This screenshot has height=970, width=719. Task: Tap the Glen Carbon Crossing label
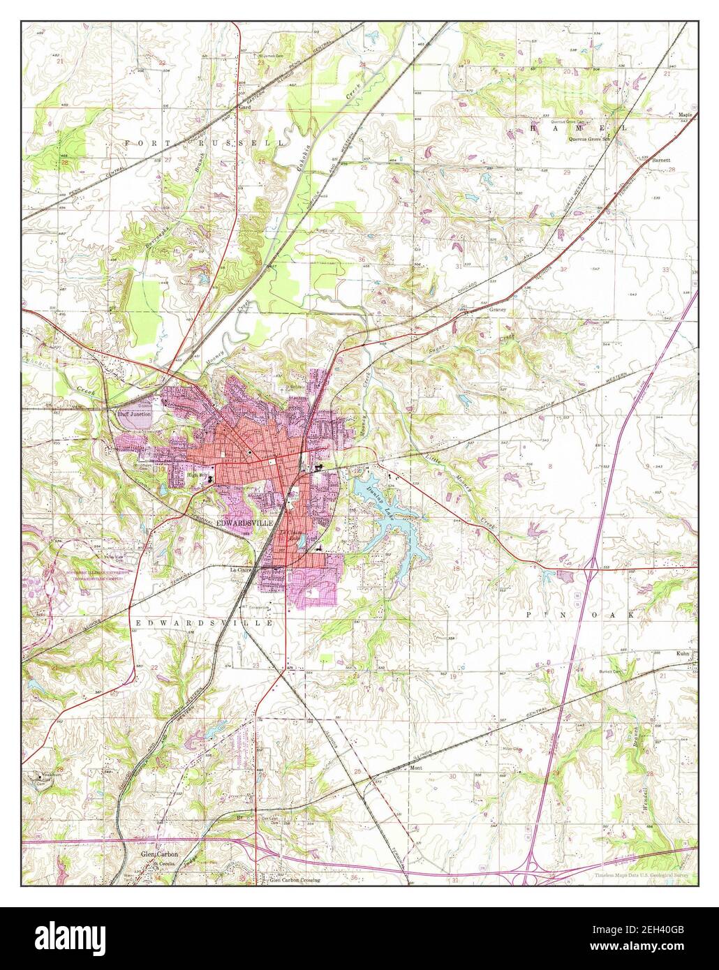point(295,881)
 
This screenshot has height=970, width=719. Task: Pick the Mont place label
point(417,768)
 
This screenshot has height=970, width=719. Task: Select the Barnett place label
point(660,160)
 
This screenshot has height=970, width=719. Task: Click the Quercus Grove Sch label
point(590,138)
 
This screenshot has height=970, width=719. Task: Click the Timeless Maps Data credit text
point(642,874)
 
